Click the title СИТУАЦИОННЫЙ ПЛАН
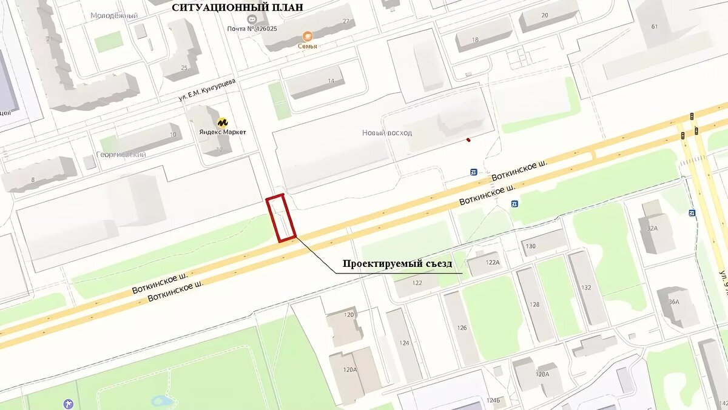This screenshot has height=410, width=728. (237, 7)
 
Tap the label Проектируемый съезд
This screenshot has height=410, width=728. (397, 264)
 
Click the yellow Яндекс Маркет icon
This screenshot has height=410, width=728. (223, 121)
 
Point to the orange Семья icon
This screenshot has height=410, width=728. (308, 36)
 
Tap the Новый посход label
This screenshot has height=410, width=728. (386, 132)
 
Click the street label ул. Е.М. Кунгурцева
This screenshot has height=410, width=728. (207, 89)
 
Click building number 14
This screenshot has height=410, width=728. (331, 81)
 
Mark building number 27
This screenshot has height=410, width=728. (346, 21)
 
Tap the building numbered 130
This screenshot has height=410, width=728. (531, 246)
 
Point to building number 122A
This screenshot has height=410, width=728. (492, 262)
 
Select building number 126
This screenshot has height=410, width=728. (462, 328)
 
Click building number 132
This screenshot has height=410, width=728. (585, 287)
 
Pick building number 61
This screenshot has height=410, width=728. (654, 26)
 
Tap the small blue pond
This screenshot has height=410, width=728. (161, 401)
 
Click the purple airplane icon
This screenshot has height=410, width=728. (68, 403)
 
